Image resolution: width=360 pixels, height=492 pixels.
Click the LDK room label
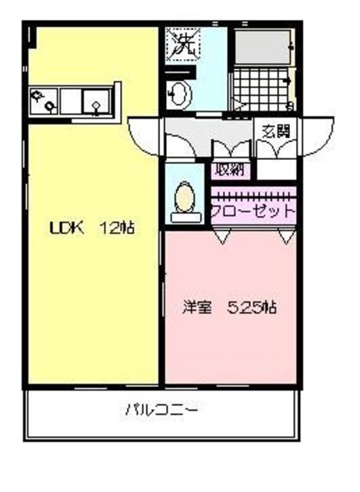[65, 228]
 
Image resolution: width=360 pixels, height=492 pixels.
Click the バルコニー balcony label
[162, 411]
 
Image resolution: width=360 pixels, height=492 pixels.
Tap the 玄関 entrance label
[276, 131]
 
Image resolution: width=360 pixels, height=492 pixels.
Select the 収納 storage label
[229, 170]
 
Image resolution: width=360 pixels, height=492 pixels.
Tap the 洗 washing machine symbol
[183, 43]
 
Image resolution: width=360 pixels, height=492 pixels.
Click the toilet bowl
[185, 198]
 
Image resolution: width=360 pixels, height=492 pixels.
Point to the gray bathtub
[262, 48]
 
